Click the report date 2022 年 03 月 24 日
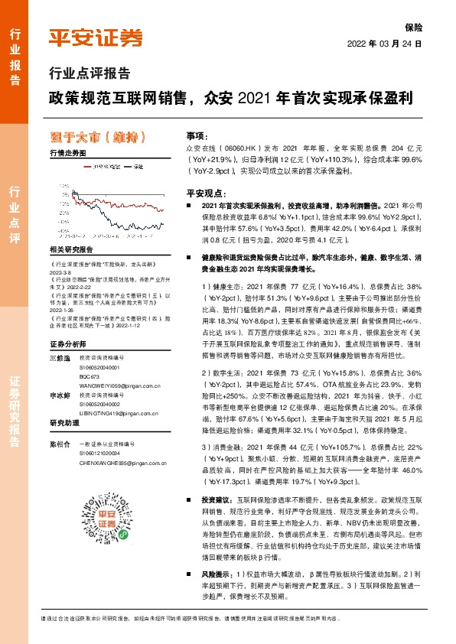(x=385, y=44)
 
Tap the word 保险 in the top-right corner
(x=414, y=28)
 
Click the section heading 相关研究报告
(x=70, y=249)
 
